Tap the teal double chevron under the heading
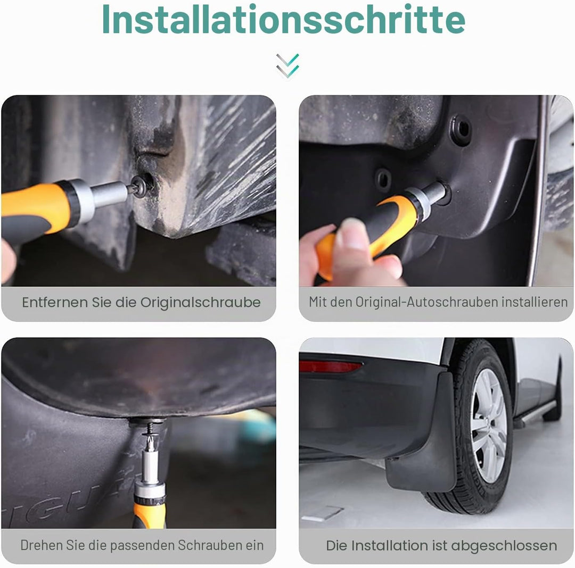coord(287,66)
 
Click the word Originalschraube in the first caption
coord(200,303)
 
